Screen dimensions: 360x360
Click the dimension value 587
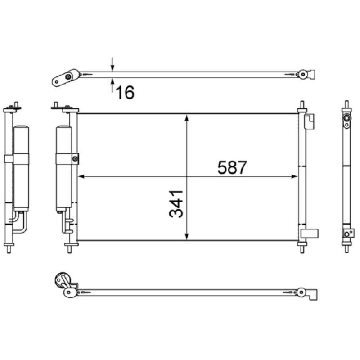click(232, 167)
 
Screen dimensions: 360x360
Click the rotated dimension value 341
click(177, 203)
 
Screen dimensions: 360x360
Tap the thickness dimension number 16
click(126, 93)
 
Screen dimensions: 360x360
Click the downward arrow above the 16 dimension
click(112, 66)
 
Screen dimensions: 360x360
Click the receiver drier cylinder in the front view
click(63, 169)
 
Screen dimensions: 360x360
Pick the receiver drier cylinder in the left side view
click(21, 169)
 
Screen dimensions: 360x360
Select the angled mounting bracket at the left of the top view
click(63, 78)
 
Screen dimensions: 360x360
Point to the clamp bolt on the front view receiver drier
click(75, 158)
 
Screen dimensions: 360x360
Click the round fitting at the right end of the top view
click(304, 74)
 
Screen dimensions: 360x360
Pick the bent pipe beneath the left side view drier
click(19, 223)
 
